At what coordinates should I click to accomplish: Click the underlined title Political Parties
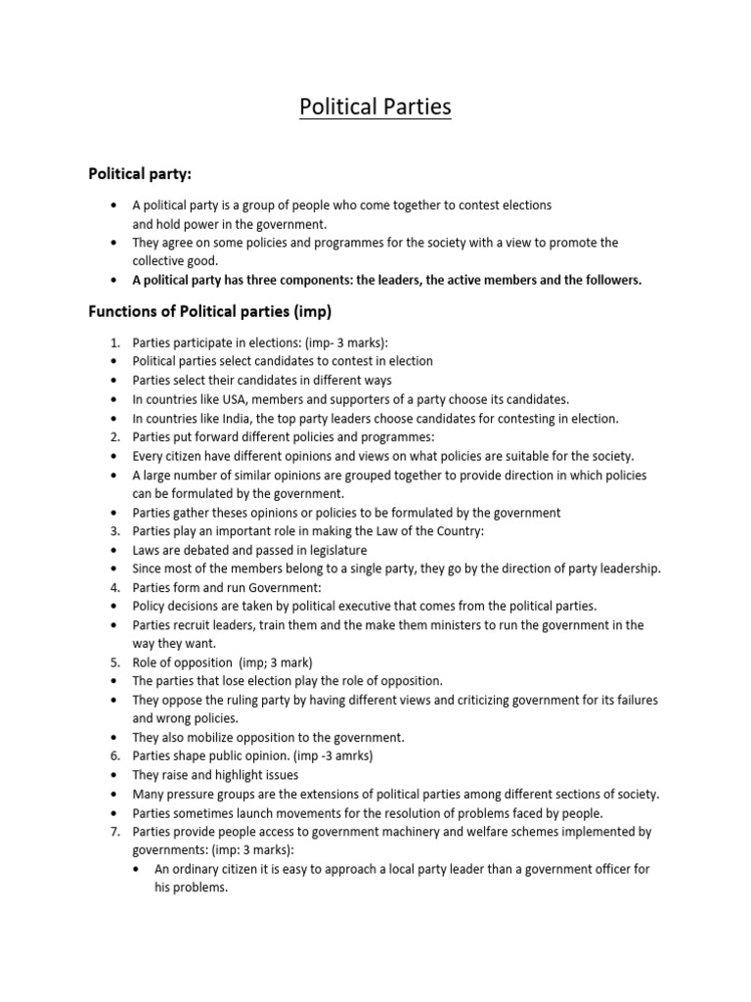point(375,106)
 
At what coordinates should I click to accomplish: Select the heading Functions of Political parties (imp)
point(210,313)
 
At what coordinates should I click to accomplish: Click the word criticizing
point(474,700)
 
